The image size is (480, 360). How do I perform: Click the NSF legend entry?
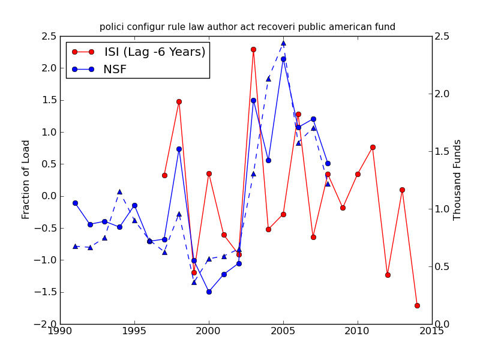(115, 69)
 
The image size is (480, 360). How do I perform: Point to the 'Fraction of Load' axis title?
(26, 179)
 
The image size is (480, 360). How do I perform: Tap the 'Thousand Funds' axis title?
(458, 179)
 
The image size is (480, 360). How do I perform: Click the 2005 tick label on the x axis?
(283, 332)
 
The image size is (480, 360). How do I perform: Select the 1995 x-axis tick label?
(134, 332)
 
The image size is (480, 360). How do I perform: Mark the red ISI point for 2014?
(417, 305)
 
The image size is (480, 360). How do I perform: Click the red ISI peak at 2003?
(253, 49)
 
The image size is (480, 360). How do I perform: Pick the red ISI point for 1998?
(179, 101)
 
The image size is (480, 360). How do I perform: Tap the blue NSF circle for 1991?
(75, 203)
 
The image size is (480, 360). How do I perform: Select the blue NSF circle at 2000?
(209, 292)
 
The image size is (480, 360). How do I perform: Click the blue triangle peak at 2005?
(283, 43)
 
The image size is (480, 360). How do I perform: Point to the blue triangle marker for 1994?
(119, 192)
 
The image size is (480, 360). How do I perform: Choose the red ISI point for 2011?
(373, 147)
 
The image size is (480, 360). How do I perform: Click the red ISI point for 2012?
(388, 275)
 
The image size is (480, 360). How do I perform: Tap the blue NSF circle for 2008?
(328, 163)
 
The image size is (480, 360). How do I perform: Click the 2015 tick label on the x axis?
(432, 332)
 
